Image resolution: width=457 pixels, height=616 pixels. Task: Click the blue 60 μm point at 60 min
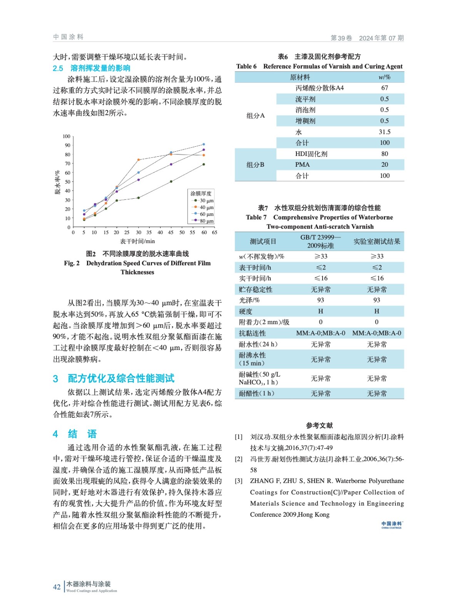pos(204,144)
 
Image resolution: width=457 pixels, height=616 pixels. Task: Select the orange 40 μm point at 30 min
pos(139,160)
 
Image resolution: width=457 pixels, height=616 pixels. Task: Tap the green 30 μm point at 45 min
pos(171,181)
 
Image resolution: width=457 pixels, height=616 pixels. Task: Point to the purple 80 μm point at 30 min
pos(139,180)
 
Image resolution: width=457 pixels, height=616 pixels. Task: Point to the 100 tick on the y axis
pos(66,136)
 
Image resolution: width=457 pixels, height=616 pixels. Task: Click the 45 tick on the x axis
pos(171,233)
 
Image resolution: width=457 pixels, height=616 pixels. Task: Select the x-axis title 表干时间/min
pos(137,241)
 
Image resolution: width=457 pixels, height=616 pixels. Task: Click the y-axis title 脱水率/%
pos(57,182)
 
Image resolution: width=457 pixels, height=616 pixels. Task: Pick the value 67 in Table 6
pos(384,88)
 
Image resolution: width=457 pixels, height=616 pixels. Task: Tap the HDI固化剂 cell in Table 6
pos(311,154)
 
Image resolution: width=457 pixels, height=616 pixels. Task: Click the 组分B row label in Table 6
pos(255,164)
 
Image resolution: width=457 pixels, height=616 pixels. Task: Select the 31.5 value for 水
pos(384,132)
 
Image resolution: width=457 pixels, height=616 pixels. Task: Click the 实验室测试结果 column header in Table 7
pos(377,241)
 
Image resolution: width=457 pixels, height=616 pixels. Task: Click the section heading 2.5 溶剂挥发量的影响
pos(92,68)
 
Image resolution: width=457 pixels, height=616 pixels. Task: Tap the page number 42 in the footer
pos(57,587)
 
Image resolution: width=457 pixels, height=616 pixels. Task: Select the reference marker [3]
pos(239,481)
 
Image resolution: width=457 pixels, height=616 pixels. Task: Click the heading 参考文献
pos(319,425)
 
